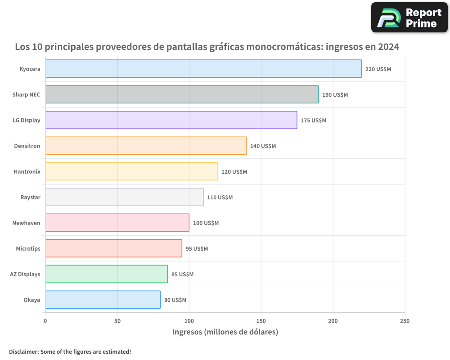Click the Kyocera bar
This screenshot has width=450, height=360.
[x=203, y=69]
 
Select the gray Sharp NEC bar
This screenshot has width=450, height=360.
[x=182, y=94]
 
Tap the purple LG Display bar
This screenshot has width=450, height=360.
[x=171, y=120]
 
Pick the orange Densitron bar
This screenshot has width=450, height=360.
[x=146, y=146]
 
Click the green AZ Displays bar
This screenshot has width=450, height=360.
[x=106, y=274]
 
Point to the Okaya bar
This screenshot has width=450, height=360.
[x=103, y=300]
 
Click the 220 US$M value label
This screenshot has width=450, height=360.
[x=378, y=69]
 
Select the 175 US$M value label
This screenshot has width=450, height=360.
[x=313, y=120]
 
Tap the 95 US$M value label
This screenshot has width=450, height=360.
[x=197, y=248]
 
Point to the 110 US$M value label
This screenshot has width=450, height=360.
[x=220, y=197]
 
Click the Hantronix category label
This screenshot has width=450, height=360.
[x=27, y=171]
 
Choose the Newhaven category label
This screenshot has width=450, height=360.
[x=26, y=223]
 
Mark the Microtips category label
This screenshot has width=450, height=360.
[x=28, y=248]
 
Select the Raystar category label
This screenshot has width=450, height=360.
[x=30, y=197]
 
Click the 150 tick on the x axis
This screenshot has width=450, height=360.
[x=261, y=321]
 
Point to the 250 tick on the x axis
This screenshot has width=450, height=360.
[x=405, y=321]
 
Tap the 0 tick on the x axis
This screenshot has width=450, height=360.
[x=45, y=321]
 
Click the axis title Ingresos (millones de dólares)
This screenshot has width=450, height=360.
[x=225, y=332]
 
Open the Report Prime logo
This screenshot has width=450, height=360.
[x=409, y=18]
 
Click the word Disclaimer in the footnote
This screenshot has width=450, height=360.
[x=23, y=351]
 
